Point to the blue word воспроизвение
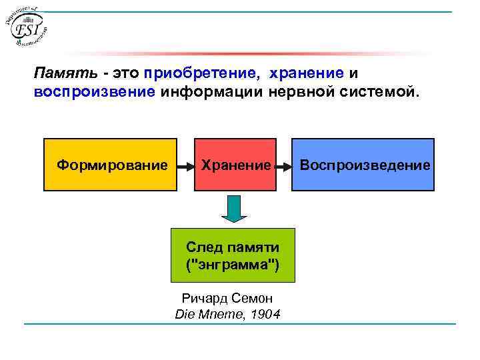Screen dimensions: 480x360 tap(94, 91)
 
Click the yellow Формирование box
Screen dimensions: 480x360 tap(111, 165)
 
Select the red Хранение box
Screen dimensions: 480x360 tap(235, 165)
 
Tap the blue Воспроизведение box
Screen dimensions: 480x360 tap(364, 165)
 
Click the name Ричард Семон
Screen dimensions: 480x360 tap(227, 299)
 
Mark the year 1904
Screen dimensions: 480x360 tap(266, 314)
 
